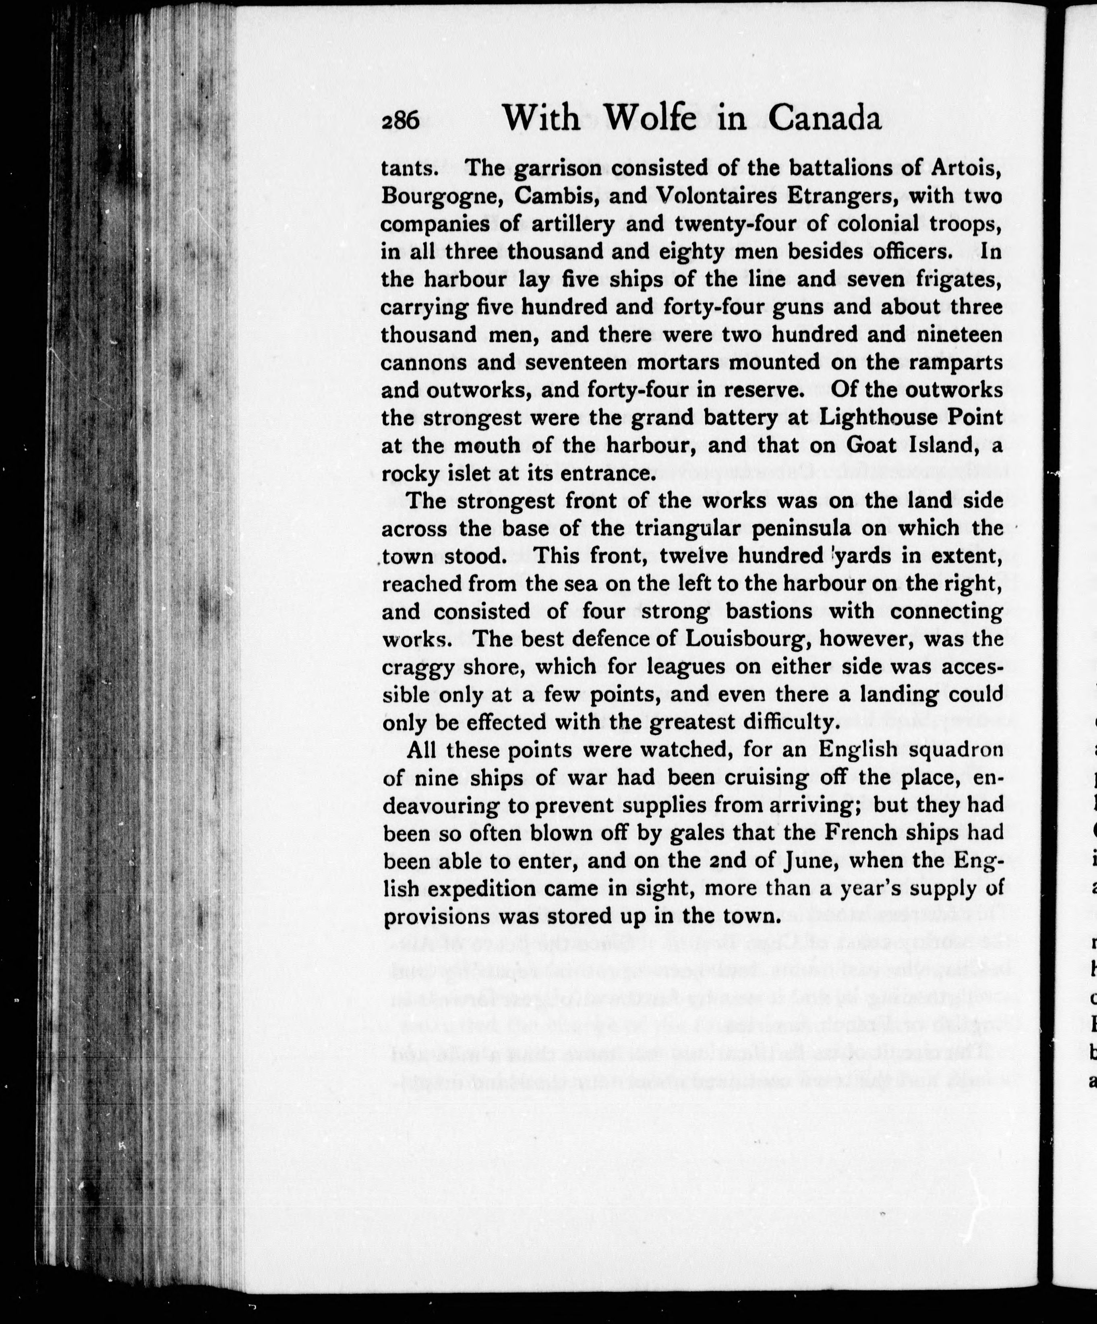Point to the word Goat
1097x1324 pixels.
(x=873, y=445)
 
